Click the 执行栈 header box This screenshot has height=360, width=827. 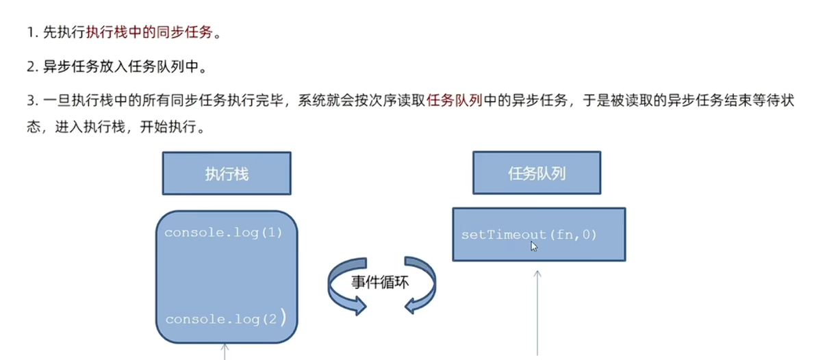tap(226, 173)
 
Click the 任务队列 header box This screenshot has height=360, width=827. tap(537, 173)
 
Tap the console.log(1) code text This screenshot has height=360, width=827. tap(223, 232)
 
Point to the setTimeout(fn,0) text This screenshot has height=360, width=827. tap(529, 235)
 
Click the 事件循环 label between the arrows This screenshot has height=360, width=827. tap(381, 282)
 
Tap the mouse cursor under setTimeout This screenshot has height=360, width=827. tap(534, 246)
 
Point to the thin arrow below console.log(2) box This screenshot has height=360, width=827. tap(225, 351)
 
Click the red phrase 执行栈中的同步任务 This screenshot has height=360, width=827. tap(149, 32)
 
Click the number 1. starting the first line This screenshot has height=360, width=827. tap(31, 32)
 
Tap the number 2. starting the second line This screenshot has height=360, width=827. tap(31, 67)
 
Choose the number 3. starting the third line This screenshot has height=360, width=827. tap(31, 101)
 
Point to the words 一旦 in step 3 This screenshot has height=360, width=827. tap(55, 101)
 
